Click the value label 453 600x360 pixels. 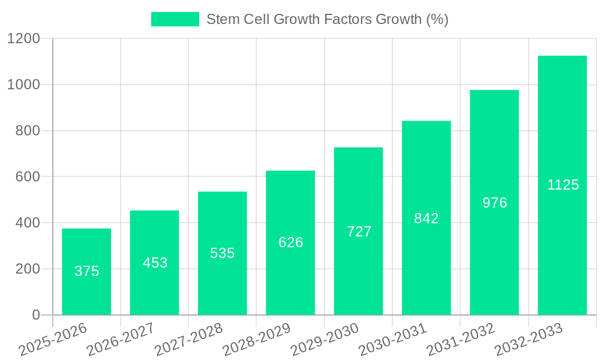coord(155,263)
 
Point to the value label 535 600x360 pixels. coord(223,253)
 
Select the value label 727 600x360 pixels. coord(359,232)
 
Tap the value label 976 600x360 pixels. coord(494,203)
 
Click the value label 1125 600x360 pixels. coord(563,185)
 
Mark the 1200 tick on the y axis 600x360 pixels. coord(23,39)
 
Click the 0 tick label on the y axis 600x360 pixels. coord(35,315)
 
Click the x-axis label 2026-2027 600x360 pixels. coord(121,340)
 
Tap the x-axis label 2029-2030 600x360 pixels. coord(325,340)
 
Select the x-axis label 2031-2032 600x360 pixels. coord(460,340)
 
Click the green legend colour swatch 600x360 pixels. coord(175,19)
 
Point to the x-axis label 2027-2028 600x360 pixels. coord(188,340)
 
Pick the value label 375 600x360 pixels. coord(86,271)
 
